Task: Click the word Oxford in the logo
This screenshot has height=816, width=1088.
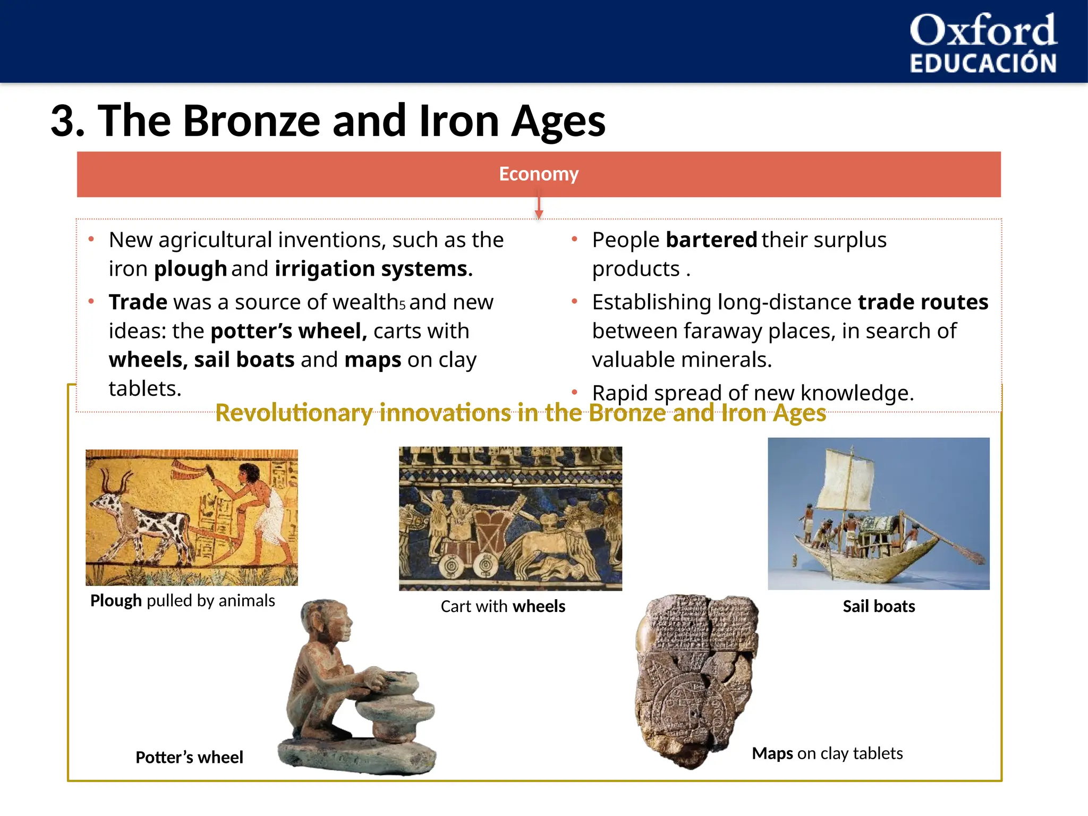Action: tap(983, 31)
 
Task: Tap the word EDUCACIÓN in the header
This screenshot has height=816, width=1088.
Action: tap(983, 63)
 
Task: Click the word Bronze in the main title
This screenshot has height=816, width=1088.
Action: tap(251, 121)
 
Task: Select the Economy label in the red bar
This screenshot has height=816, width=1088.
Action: tap(538, 174)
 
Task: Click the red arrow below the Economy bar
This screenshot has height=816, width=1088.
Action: tap(539, 208)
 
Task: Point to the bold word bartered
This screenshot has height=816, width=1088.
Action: tap(711, 240)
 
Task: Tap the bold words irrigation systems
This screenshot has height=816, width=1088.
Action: tap(373, 269)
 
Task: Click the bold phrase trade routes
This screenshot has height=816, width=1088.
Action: tap(923, 302)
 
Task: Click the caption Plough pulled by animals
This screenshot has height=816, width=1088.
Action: tap(182, 601)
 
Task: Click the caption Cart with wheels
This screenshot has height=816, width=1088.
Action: tap(503, 607)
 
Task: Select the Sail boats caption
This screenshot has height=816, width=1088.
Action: tap(879, 607)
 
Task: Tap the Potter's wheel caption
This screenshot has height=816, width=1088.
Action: tap(189, 757)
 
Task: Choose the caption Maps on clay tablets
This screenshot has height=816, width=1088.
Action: tap(827, 753)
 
